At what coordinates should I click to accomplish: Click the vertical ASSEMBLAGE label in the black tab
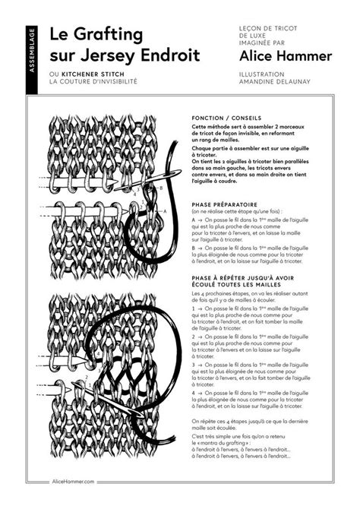tap(31, 50)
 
